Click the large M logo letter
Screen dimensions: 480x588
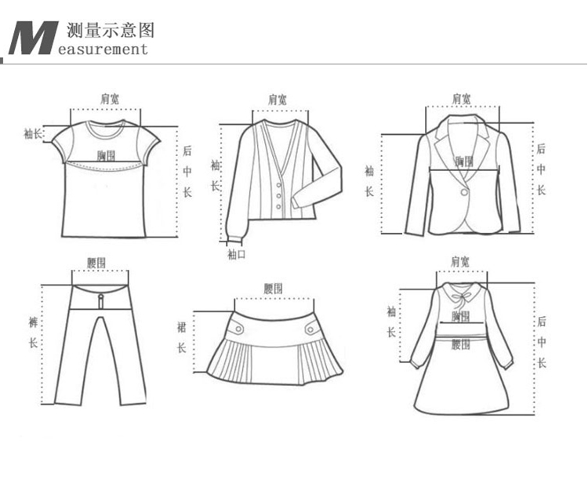pos(33,37)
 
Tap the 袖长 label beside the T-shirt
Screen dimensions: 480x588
pos(32,133)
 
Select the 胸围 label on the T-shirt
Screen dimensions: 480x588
pos(106,155)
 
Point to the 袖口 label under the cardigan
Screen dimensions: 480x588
pos(236,254)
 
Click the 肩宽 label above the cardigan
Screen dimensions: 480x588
pos(277,100)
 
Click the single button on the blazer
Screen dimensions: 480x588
pos(465,191)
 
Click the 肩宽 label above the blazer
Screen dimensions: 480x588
pos(462,99)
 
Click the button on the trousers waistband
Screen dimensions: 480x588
pos(100,297)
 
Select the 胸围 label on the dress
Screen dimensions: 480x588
pos(461,317)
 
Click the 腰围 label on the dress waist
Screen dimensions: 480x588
pos(460,340)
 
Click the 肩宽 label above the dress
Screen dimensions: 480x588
pos(460,261)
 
